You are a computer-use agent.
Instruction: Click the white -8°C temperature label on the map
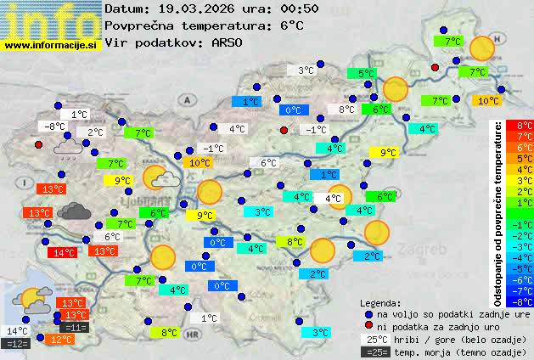click(x=54, y=127)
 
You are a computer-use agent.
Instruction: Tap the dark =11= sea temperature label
click(x=75, y=327)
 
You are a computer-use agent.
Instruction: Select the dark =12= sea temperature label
click(x=17, y=343)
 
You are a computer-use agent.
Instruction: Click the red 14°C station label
click(x=62, y=252)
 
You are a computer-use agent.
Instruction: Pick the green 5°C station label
click(x=366, y=74)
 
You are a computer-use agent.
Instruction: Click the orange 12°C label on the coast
click(x=61, y=339)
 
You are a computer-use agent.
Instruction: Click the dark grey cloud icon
click(x=75, y=211)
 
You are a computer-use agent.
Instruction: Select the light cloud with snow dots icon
click(x=68, y=150)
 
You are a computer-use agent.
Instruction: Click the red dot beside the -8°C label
click(x=38, y=144)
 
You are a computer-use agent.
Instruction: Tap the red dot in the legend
click(x=368, y=326)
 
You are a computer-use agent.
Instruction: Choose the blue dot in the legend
click(x=368, y=313)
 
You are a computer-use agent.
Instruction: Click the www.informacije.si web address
click(x=51, y=44)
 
